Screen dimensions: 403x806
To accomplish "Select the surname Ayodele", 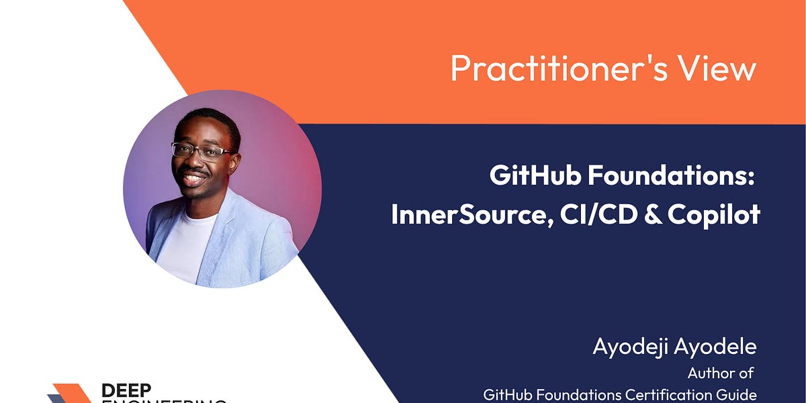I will click(x=719, y=347).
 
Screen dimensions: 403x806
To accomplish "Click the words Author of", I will click(x=720, y=373).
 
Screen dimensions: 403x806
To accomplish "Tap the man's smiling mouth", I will click(x=195, y=179).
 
